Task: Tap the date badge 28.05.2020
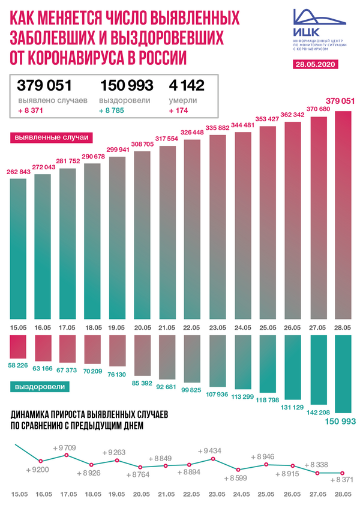click(316, 64)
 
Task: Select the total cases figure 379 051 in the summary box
click(44, 85)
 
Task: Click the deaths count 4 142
click(187, 85)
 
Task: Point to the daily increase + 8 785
click(112, 110)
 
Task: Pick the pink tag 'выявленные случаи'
click(52, 138)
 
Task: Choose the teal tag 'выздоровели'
click(40, 387)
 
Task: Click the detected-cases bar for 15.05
click(18, 249)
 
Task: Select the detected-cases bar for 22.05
click(192, 229)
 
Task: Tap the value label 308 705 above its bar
click(142, 144)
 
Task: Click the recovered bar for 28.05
click(343, 374)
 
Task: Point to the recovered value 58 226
click(18, 365)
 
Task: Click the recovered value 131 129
click(292, 407)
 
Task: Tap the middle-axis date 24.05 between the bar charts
click(243, 327)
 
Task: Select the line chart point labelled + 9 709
click(67, 455)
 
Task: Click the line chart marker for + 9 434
click(212, 459)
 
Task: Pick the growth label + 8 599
click(236, 478)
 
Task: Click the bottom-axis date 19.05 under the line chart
click(116, 494)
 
